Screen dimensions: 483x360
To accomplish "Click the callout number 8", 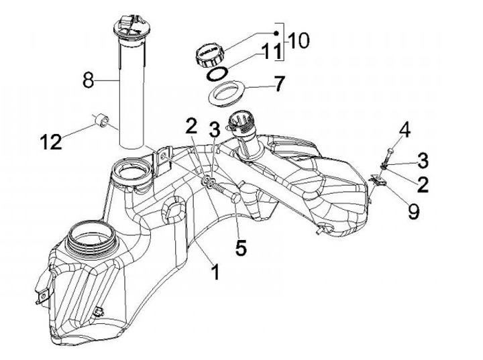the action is tap(89, 80).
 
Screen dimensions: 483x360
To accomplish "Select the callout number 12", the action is tap(51, 143).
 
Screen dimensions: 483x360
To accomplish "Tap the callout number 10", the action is tap(299, 41).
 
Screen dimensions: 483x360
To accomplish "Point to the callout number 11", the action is tap(272, 51).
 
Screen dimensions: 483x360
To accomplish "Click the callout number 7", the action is tap(279, 83).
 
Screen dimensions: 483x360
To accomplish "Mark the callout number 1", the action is tap(216, 272).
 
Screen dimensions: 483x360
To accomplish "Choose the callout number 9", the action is tap(413, 211).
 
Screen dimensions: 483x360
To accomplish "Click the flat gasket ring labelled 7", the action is tap(227, 93).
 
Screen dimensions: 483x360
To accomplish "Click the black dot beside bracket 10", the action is tap(276, 34).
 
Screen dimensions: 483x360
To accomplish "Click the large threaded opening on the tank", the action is tap(91, 238).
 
